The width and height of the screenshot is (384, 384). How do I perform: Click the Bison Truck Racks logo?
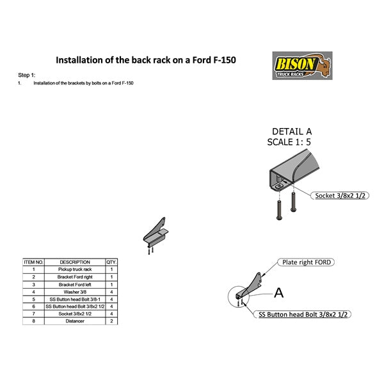[302, 65]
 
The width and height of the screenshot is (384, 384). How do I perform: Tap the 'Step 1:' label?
[27, 75]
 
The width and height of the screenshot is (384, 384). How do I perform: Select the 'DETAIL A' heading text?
[292, 132]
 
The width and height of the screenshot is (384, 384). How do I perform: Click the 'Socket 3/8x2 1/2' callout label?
[341, 195]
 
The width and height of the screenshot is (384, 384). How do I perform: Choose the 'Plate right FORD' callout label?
[307, 262]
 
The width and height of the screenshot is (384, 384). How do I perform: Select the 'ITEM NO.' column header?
[33, 262]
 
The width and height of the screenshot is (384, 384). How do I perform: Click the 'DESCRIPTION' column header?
[75, 262]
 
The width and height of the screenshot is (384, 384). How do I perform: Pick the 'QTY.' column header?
[111, 262]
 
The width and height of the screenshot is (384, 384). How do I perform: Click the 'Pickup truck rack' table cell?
[75, 269]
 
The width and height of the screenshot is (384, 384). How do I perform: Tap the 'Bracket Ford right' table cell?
[75, 277]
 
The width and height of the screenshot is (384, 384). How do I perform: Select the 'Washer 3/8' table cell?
[75, 292]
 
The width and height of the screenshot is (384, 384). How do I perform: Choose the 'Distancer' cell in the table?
[75, 321]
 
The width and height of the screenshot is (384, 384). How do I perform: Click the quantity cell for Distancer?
[111, 321]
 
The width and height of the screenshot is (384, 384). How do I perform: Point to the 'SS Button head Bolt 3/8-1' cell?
[75, 299]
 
